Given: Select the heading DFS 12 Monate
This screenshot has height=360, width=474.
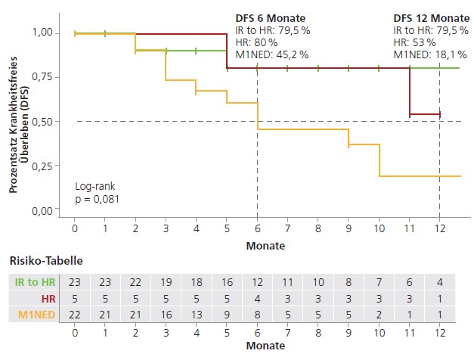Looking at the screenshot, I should (x=432, y=17).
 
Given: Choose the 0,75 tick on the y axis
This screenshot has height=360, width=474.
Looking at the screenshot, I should (x=42, y=76).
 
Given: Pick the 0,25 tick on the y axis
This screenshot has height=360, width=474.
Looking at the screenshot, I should (x=42, y=166).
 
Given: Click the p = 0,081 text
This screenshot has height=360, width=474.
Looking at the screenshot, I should (x=97, y=199).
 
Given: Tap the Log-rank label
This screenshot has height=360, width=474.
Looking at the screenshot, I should (x=93, y=186).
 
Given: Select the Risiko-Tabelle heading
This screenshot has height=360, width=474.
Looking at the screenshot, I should (x=45, y=260).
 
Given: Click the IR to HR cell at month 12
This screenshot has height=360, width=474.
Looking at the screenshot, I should (x=439, y=281).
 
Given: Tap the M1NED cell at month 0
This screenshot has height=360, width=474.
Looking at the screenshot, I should (x=75, y=313).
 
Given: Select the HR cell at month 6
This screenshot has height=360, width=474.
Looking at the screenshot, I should (x=257, y=297).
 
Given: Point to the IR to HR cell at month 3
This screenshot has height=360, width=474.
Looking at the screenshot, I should (x=166, y=281).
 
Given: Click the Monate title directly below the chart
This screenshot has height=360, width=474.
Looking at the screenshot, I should (x=265, y=246).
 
